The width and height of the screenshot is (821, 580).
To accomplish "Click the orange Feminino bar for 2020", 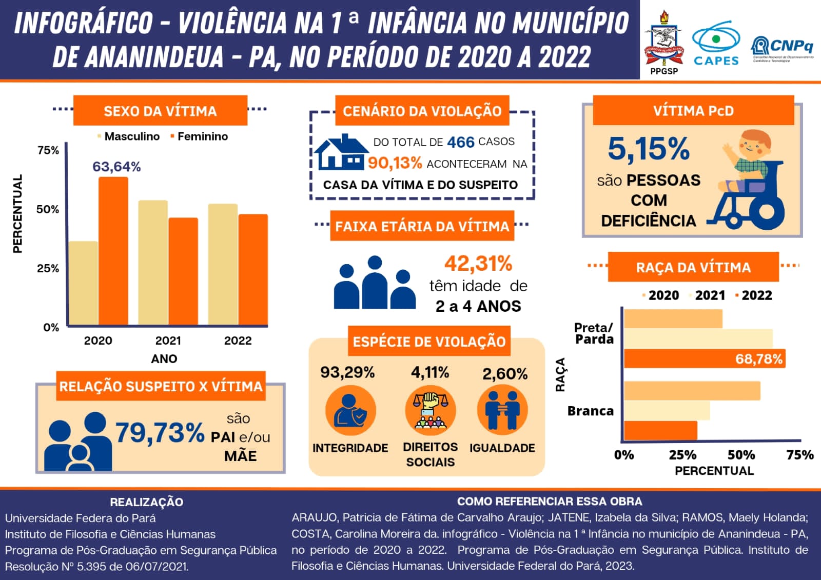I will tap(113, 251).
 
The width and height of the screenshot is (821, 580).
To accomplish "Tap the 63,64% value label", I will tap(116, 167).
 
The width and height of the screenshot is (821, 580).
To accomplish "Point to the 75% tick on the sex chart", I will tap(48, 150).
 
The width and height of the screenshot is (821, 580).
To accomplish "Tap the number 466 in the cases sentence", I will tap(460, 142).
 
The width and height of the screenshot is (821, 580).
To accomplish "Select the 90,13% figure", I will tap(395, 163).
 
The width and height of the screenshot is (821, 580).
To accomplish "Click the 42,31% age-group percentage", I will tap(478, 264).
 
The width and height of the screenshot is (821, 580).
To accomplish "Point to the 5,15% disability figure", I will tap(649, 149).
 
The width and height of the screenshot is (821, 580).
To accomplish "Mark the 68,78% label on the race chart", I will tap(758, 359).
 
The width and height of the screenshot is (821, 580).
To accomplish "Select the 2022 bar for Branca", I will tap(660, 431).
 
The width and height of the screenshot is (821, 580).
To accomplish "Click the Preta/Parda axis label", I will tap(594, 333).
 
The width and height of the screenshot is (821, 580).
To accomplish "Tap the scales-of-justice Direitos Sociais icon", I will tap(430, 411).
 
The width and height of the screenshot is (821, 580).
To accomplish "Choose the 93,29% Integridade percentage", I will tap(347, 372).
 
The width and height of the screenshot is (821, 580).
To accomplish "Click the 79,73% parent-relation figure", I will tap(160, 433).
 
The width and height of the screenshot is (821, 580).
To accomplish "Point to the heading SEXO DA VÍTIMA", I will tap(160, 111).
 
